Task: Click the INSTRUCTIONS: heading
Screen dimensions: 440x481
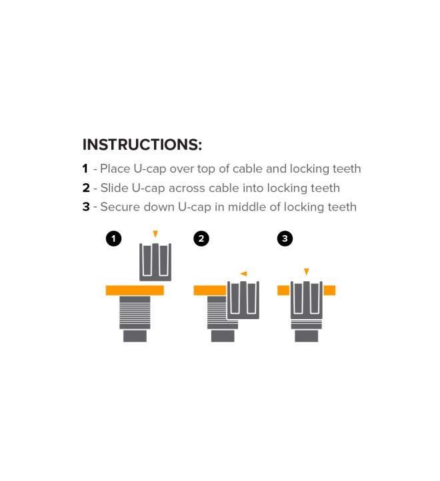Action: [142, 145]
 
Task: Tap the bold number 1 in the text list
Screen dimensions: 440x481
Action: [85, 169]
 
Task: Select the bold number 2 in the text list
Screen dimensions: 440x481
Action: [86, 188]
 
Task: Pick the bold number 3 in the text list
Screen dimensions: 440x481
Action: [86, 207]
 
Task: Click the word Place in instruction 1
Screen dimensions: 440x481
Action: [115, 169]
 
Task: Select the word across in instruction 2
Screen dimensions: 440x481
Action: [187, 188]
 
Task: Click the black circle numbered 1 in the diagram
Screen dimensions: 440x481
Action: [113, 239]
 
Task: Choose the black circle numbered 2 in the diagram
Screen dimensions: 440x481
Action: [201, 239]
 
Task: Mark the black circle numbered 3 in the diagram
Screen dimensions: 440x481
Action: [285, 239]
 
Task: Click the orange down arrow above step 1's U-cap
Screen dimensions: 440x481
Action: [155, 234]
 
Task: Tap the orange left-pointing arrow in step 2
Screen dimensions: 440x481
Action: [243, 273]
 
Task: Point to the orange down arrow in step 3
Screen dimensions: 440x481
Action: [307, 272]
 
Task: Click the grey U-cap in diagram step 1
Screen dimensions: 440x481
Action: [155, 262]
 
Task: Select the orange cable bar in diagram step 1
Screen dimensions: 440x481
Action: [135, 290]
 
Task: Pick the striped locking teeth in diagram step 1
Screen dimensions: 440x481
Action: [135, 312]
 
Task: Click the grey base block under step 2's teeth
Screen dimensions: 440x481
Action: [223, 336]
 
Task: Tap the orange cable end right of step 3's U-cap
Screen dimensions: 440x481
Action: [329, 290]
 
